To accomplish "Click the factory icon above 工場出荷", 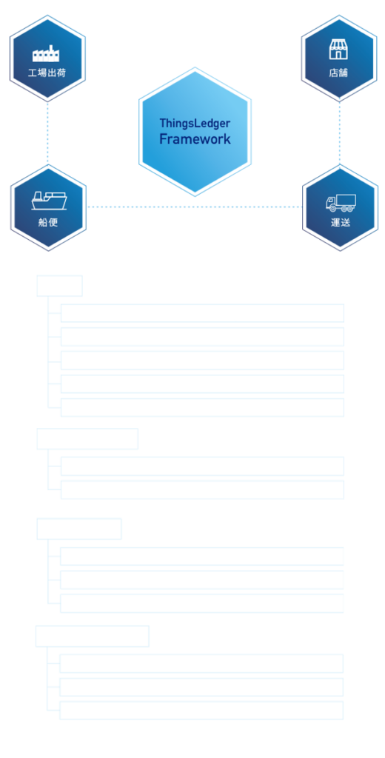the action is click(x=46, y=53).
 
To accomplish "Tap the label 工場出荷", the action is click(x=47, y=73).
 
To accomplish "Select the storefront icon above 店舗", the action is click(x=338, y=50).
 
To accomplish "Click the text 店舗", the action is click(x=338, y=73).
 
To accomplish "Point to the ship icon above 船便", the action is click(x=49, y=201).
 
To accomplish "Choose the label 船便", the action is click(x=48, y=223).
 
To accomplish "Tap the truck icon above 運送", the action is click(x=341, y=203).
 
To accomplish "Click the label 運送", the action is click(x=341, y=223).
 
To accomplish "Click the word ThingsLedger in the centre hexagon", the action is click(x=195, y=124).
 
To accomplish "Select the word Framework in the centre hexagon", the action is click(x=195, y=139).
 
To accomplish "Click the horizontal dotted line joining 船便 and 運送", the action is click(x=195, y=207).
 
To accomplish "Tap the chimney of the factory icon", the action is click(x=50, y=48).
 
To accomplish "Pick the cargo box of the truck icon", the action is click(x=346, y=200).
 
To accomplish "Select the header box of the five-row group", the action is click(x=59, y=286).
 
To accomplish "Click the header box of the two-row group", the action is click(x=87, y=439).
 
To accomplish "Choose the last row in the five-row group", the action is click(x=202, y=408).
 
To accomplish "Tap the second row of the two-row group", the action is click(x=202, y=490).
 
